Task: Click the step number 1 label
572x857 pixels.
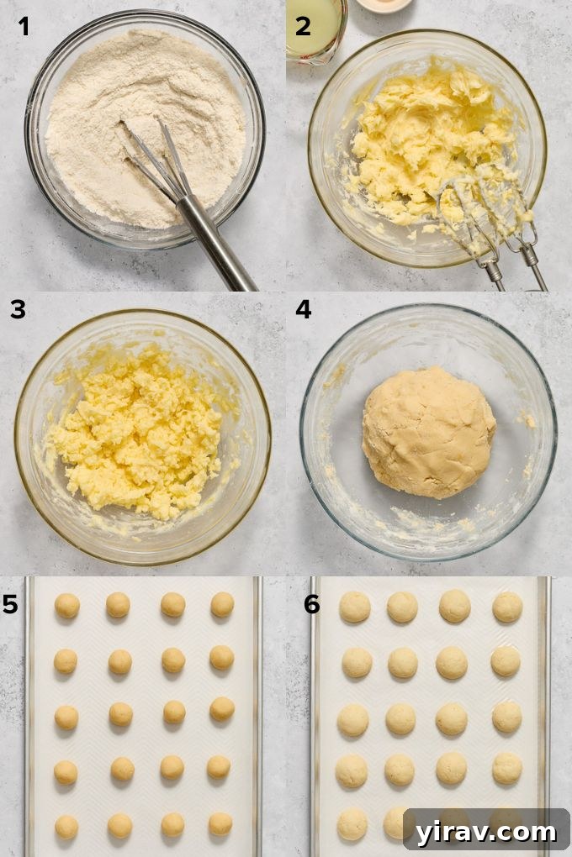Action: tap(24, 27)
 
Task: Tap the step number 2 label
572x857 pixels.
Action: tap(303, 26)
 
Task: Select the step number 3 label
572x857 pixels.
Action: tap(18, 310)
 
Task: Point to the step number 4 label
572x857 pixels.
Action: tap(304, 310)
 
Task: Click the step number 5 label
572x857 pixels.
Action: tap(10, 604)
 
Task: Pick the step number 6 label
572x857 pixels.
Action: tap(311, 604)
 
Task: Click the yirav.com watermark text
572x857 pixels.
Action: tap(486, 832)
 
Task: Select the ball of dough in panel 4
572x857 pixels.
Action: tap(429, 433)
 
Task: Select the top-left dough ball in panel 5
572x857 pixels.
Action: tap(67, 605)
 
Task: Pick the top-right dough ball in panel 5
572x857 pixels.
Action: tap(222, 604)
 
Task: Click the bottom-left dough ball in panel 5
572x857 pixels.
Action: tap(66, 827)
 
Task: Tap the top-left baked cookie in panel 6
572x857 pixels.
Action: tap(355, 607)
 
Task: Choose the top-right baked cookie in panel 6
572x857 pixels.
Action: tap(507, 607)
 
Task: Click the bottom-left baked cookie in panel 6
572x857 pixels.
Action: tap(352, 824)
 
